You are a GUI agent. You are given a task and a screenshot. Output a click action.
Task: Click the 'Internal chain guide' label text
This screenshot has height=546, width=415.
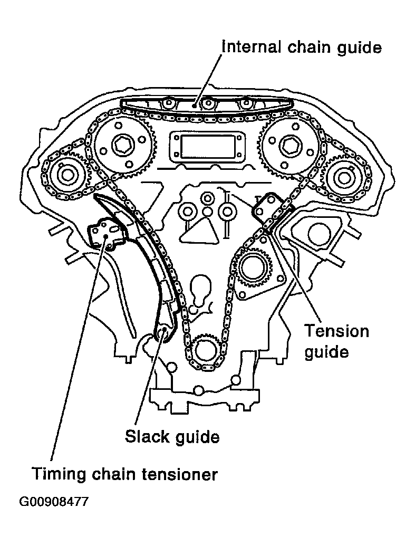coord(302,47)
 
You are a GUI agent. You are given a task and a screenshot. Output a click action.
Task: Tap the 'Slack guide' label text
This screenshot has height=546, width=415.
coord(172,437)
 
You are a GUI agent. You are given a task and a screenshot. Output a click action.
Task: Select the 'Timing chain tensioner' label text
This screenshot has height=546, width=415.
coord(124,474)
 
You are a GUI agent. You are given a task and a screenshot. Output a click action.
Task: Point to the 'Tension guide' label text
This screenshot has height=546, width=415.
coord(336,341)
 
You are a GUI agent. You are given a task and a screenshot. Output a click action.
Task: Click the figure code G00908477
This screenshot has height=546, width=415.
coord(54,502)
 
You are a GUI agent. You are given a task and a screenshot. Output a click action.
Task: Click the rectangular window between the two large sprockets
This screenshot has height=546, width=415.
coord(207,146)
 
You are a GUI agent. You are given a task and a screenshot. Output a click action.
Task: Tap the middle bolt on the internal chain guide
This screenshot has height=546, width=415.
coord(208,103)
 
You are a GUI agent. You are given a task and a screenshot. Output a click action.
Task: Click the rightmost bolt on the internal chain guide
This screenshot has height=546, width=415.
coord(246,103)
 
